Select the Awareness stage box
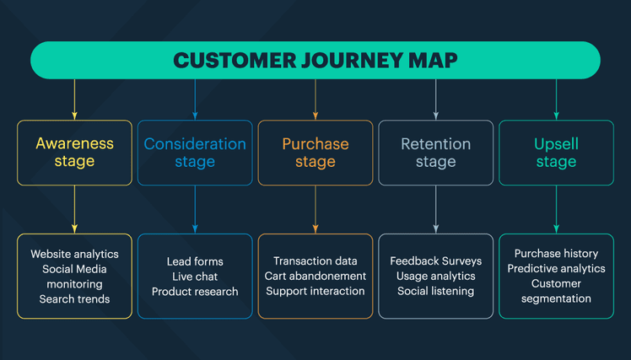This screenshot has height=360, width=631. [74, 153]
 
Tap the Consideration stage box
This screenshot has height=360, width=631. [195, 153]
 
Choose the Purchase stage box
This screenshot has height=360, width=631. [315, 153]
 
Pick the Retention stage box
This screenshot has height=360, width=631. [435, 153]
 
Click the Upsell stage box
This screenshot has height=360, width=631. [556, 153]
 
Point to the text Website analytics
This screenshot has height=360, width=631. [74, 254]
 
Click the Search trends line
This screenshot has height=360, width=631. [74, 299]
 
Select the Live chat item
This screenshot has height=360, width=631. [195, 277]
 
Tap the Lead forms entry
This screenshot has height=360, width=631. [195, 261]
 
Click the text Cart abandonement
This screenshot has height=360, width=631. [315, 277]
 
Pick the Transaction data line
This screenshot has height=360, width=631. [315, 261]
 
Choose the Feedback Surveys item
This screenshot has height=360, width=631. [435, 261]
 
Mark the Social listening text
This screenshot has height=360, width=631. [435, 292]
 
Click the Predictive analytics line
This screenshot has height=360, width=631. [556, 269]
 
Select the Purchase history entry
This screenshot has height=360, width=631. [556, 254]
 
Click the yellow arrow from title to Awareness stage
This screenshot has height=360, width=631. [74, 99]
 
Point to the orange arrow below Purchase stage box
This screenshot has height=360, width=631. [315, 209]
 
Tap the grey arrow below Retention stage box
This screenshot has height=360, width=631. [435, 209]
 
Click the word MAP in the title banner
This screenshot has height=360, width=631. [434, 61]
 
